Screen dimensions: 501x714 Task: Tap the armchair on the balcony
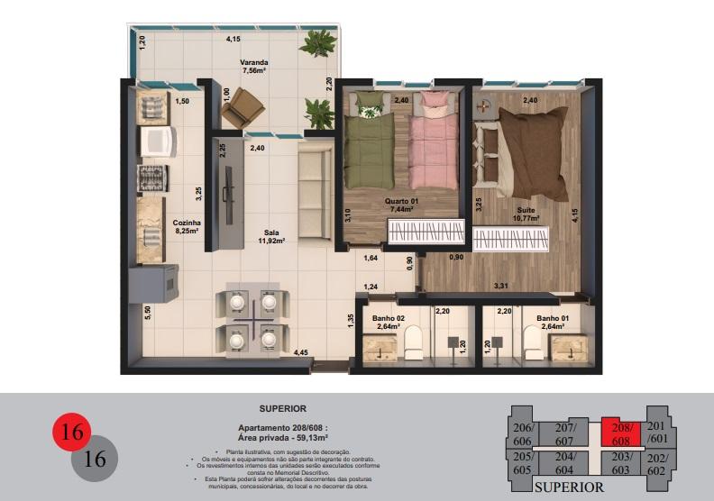239,110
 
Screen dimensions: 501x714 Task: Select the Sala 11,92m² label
270,236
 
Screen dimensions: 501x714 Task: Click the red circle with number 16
71,433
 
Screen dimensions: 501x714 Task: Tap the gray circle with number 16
94,458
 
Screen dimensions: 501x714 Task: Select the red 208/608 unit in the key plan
623,433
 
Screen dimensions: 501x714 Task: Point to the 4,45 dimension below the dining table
299,352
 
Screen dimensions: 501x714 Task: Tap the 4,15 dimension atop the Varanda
233,40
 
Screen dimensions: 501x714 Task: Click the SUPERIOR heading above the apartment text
283,408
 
